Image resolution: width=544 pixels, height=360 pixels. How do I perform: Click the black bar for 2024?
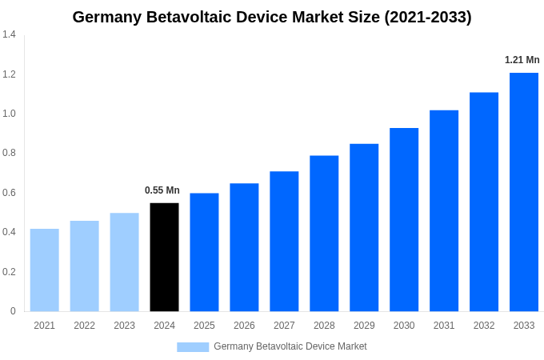pos(164,257)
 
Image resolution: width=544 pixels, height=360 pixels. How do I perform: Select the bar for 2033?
pos(524,192)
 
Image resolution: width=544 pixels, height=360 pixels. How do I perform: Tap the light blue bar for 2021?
pos(45,270)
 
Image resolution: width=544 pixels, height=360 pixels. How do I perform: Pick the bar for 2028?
pos(324,233)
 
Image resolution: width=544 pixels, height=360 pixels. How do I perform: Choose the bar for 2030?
pos(404,219)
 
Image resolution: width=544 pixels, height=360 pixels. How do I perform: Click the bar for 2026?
pos(244,247)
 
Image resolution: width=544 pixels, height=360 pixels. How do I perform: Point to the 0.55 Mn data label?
pos(162,190)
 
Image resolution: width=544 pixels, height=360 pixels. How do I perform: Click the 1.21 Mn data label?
pos(522,60)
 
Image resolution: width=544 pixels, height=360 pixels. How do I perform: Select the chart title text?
pos(272,17)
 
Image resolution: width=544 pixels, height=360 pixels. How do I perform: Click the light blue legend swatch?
pos(193,346)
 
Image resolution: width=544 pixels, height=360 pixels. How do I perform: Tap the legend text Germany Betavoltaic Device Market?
pos(290,346)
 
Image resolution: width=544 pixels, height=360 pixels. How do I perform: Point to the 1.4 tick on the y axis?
pos(9,34)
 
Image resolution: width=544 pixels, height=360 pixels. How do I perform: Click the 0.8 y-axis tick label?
pos(9,153)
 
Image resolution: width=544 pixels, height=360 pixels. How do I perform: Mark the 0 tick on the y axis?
pos(13,311)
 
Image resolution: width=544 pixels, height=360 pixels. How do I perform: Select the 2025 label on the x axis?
pos(204,326)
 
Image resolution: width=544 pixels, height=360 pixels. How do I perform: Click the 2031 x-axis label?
pos(444,326)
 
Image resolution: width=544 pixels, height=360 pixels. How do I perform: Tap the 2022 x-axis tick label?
pos(84,326)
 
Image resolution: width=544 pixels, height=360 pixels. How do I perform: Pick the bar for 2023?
pos(124,262)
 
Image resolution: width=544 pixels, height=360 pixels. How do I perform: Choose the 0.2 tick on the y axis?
pos(9,272)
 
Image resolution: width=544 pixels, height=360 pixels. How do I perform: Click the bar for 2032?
pos(484,202)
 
